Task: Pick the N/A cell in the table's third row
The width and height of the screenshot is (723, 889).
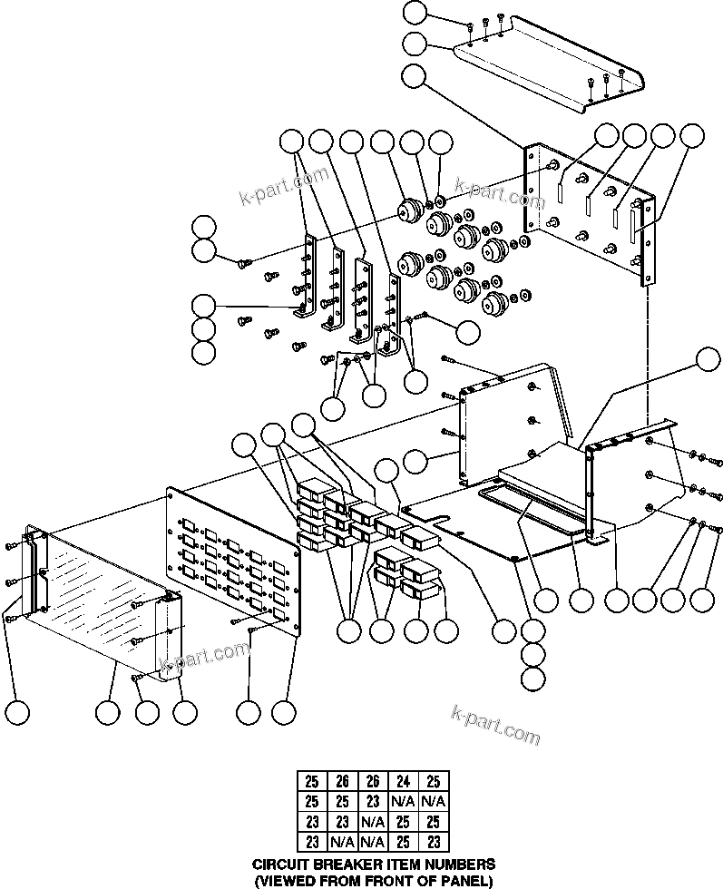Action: [x=371, y=822]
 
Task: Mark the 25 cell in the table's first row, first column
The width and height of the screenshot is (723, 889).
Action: [x=311, y=780]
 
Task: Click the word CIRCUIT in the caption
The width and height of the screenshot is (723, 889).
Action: [x=279, y=865]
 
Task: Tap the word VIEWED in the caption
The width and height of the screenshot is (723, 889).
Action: [x=283, y=879]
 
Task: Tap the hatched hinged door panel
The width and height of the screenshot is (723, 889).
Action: [x=91, y=590]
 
